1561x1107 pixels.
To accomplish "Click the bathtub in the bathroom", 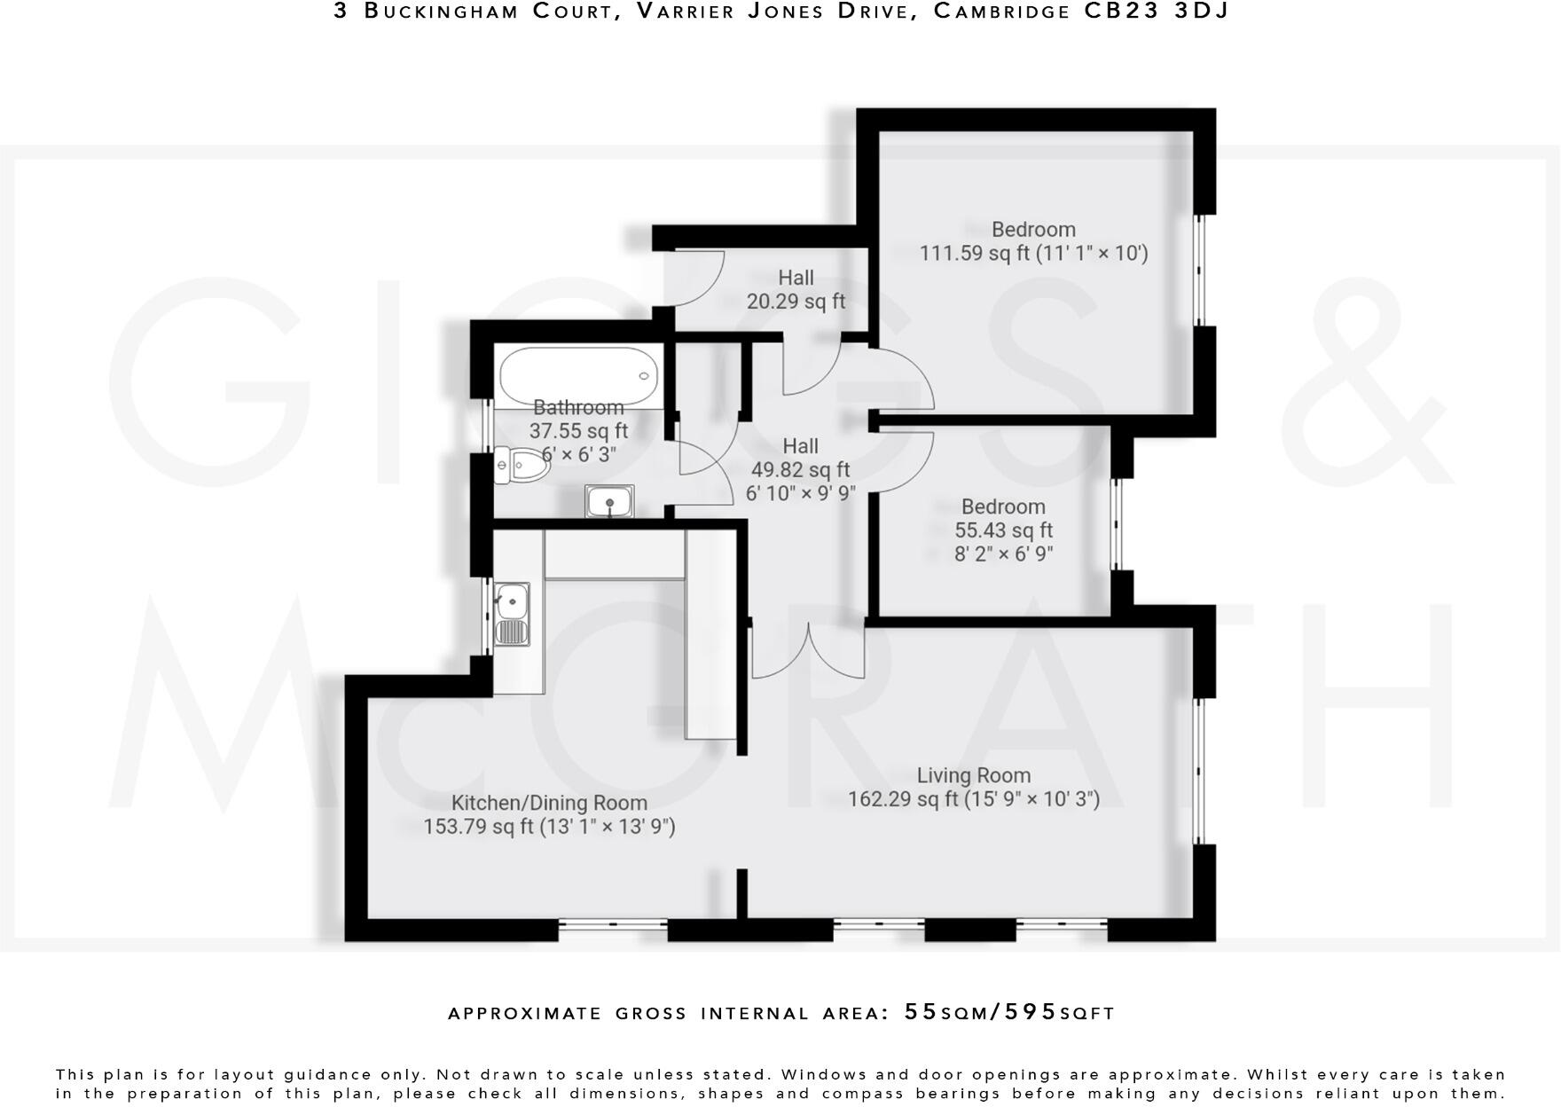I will coord(578,376).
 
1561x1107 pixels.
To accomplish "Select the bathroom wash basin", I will coord(609,502).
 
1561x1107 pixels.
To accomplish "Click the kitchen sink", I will coord(512,613).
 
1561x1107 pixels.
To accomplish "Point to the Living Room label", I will coord(974,776).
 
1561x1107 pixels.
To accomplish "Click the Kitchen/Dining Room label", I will coord(549,804).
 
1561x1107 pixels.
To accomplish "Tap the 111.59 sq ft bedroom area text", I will coord(976,254).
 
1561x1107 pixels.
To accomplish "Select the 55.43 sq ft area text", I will coord(1003,530).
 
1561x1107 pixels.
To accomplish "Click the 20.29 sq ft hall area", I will coord(796,302).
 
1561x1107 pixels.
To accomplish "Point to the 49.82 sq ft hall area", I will coord(800,470).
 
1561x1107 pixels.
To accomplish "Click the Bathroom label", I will coord(578,408).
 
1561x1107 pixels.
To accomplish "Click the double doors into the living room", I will coord(808,652).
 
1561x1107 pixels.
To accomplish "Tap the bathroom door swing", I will coord(705,461).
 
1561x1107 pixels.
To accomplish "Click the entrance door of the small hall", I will coord(696,277).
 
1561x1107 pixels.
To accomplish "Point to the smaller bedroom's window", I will coord(1117,524).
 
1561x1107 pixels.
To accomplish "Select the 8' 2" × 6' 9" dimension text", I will coord(1003,554).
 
